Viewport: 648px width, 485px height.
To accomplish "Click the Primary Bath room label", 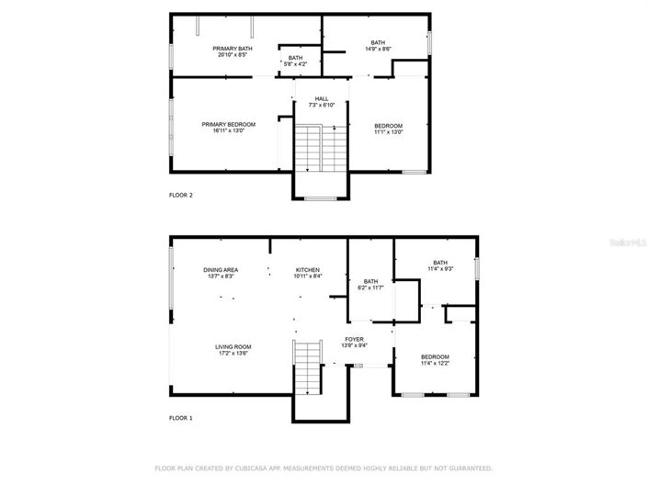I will [x=233, y=49].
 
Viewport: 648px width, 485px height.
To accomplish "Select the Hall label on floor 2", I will [x=321, y=98].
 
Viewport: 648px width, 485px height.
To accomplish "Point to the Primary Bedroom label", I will [x=229, y=124].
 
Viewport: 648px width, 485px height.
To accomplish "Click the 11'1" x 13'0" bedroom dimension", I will [x=387, y=132].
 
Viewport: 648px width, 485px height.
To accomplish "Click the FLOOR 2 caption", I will [x=181, y=195].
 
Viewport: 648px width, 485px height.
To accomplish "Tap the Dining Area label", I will [x=221, y=269].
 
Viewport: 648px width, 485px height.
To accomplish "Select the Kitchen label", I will [x=307, y=269].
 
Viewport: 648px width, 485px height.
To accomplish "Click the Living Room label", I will [x=233, y=346].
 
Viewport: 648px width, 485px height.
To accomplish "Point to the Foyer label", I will [x=354, y=339].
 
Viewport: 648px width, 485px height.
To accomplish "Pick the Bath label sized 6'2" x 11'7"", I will [x=370, y=281].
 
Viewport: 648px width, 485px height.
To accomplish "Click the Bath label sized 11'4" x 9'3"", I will [x=440, y=262].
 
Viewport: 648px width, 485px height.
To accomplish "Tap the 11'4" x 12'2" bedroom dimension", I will [x=435, y=363].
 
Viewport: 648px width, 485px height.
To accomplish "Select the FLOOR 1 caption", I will [x=181, y=418].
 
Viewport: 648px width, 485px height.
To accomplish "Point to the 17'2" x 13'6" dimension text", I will [x=233, y=353].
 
